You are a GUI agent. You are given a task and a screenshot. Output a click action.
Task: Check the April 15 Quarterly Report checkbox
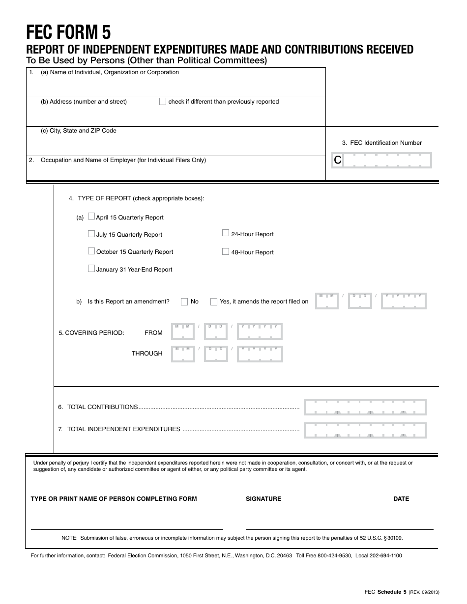pos(91,217)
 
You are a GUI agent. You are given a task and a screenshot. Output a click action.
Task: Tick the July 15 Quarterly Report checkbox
pos(91,234)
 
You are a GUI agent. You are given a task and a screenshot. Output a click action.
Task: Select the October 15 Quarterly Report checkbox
pos(91,251)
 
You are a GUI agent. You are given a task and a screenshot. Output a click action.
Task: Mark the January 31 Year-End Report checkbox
pos(91,269)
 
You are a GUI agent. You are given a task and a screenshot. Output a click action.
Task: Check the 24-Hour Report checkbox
pos(226,234)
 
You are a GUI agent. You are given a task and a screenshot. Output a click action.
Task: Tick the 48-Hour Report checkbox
pos(226,252)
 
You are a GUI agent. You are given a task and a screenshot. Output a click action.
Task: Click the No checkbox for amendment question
pos(184,302)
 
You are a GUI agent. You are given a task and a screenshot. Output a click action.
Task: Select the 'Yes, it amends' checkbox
pos(214,302)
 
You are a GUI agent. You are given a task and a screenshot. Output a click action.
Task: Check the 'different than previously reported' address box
pos(163,102)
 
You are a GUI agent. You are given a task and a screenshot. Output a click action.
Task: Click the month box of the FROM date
pos(182,332)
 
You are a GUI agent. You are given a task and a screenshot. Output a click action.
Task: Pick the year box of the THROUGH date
pos(260,354)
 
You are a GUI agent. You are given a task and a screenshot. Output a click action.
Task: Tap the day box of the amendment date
pos(360,301)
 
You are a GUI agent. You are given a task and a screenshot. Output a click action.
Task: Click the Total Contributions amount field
pos(365,407)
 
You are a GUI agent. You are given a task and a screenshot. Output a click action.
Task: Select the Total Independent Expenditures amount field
pos(365,430)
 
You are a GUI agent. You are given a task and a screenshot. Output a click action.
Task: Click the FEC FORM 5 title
pos(68,32)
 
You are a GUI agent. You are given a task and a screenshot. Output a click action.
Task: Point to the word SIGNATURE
pos(263,499)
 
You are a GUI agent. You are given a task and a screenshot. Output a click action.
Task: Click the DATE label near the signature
pos(401,499)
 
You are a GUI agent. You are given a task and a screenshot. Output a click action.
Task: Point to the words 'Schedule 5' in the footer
pos(392,592)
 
